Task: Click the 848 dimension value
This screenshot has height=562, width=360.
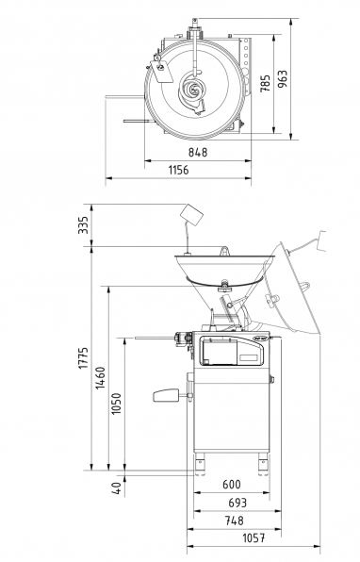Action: (x=198, y=152)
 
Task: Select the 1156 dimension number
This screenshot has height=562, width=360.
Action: (x=178, y=170)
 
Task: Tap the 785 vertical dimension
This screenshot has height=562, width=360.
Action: (x=266, y=84)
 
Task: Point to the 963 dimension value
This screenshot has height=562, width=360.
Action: (x=283, y=79)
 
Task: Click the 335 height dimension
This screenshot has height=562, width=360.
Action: (x=83, y=224)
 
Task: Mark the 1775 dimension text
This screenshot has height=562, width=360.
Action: (x=83, y=357)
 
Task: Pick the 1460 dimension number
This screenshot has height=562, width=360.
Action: (x=100, y=378)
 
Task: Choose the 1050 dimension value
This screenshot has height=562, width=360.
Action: (x=117, y=404)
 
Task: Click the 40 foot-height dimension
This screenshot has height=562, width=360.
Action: (x=117, y=488)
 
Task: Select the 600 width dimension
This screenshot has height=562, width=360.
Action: (x=232, y=485)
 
